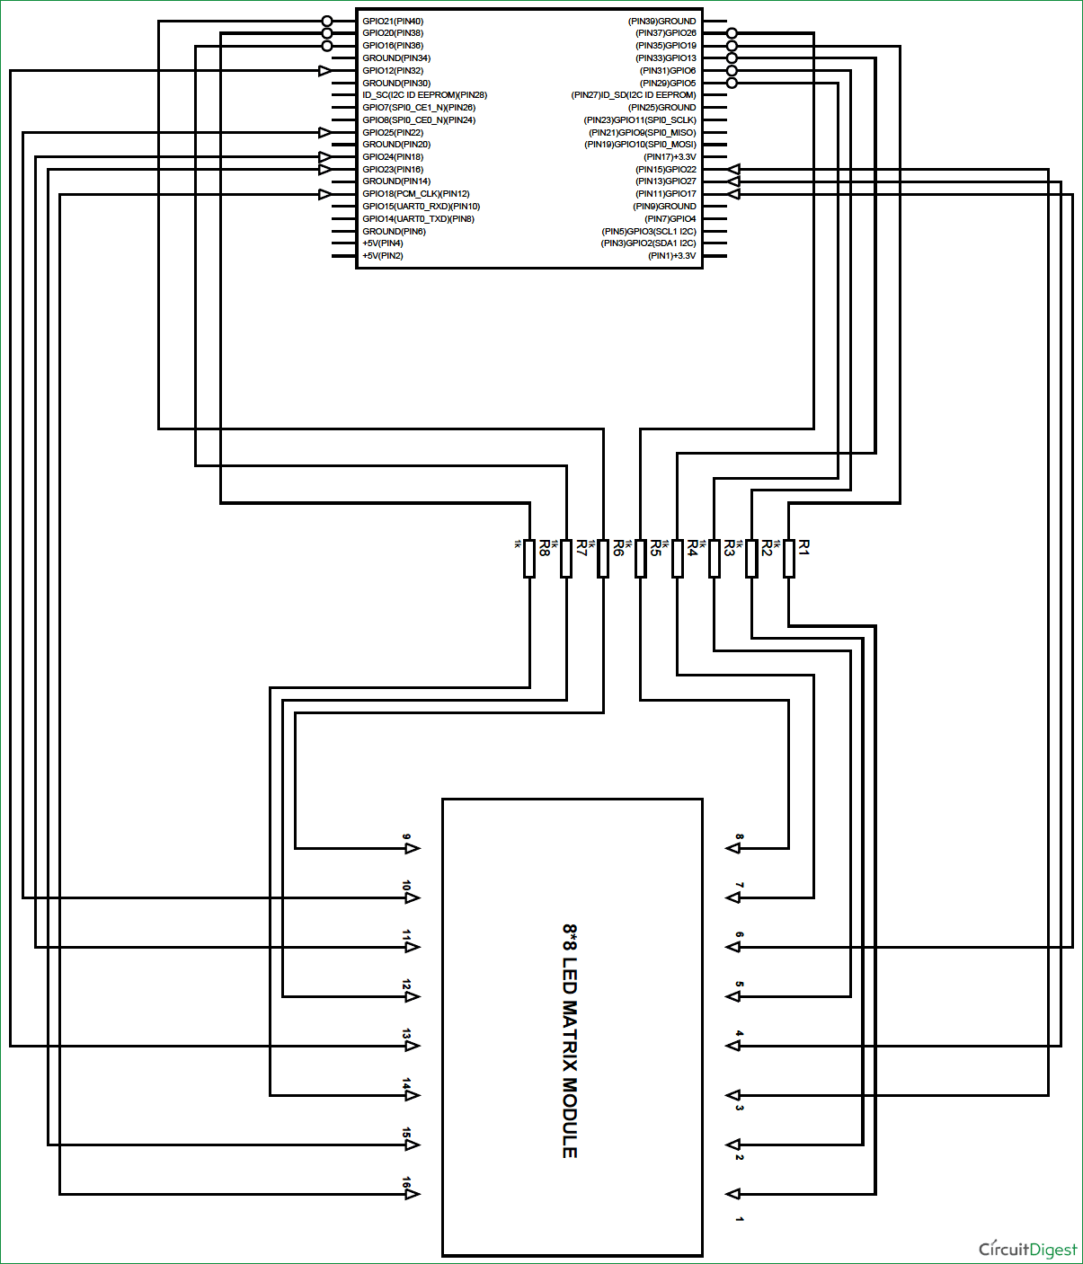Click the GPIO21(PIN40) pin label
point(393,21)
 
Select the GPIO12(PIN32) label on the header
point(393,70)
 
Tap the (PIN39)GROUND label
point(661,21)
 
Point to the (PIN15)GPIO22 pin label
point(666,169)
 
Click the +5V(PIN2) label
point(383,255)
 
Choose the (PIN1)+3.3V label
point(672,255)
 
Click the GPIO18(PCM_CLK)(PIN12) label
point(416,193)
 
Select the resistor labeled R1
point(788,558)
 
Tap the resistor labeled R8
point(529,558)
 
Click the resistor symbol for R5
point(640,558)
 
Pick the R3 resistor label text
point(729,547)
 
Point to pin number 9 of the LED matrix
point(406,837)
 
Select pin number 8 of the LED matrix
point(739,837)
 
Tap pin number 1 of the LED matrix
point(739,1219)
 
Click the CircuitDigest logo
point(1027,1249)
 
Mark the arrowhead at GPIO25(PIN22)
point(325,132)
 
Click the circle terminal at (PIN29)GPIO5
point(732,83)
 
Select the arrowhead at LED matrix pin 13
point(413,1046)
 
